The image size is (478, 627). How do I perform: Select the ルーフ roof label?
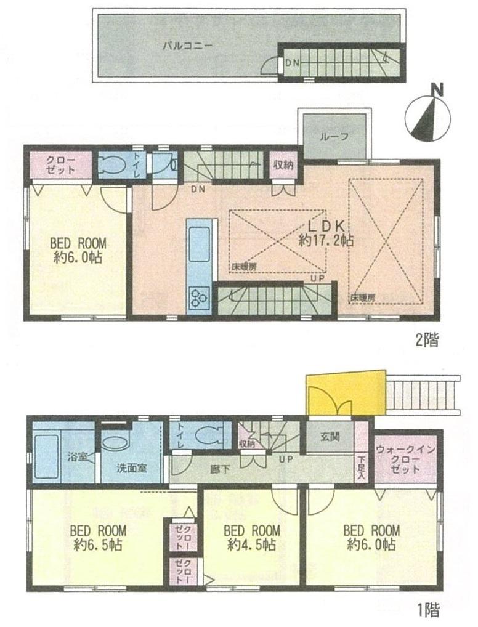coord(334,137)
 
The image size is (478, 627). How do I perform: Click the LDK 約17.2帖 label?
coord(326,233)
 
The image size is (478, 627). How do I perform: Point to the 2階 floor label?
coord(427,339)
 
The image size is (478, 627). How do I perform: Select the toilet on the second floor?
coord(114,164)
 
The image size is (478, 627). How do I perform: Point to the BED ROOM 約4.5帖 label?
coord(251,537)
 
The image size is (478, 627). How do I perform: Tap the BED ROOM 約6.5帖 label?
coord(98,537)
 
